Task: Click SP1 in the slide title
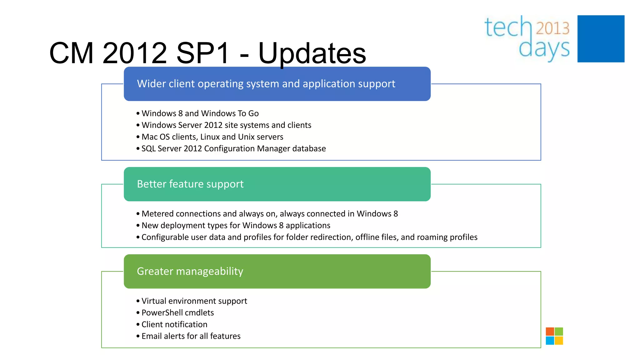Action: pyautogui.click(x=202, y=53)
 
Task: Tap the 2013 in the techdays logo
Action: pyautogui.click(x=552, y=28)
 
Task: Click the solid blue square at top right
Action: pyautogui.click(x=601, y=39)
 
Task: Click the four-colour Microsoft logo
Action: pyautogui.click(x=554, y=336)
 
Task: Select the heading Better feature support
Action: pyautogui.click(x=190, y=184)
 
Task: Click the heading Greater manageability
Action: pyautogui.click(x=190, y=271)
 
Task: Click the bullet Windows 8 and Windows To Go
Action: pyautogui.click(x=200, y=113)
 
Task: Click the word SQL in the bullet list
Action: pyautogui.click(x=148, y=149)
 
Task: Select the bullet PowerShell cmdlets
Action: pyautogui.click(x=177, y=313)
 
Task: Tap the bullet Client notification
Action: pyautogui.click(x=174, y=324)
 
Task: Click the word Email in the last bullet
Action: pyautogui.click(x=152, y=336)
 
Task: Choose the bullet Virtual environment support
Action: pyautogui.click(x=194, y=301)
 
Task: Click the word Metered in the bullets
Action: pyautogui.click(x=157, y=214)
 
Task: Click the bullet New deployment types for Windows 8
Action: pyautogui.click(x=236, y=226)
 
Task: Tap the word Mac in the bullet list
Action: pyautogui.click(x=149, y=137)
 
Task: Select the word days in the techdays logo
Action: pyautogui.click(x=544, y=49)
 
